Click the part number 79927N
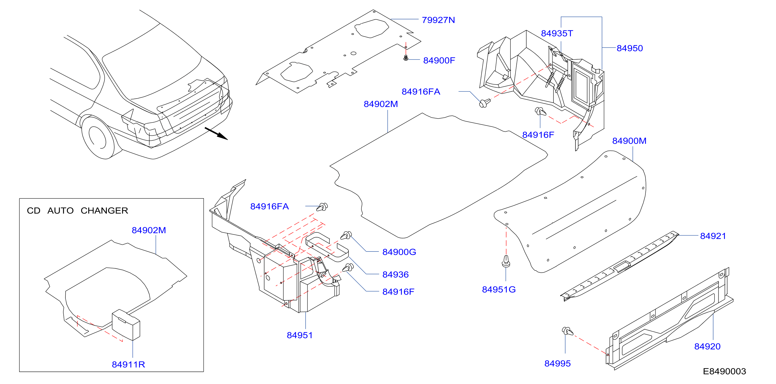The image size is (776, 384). click(438, 20)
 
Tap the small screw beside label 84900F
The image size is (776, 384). click(406, 57)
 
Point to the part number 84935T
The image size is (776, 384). click(557, 33)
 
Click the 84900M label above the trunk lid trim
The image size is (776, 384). click(629, 141)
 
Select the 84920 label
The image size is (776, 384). click(707, 347)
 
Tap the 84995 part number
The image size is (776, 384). click(557, 364)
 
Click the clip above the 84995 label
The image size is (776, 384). click(568, 331)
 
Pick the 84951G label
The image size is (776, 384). click(499, 290)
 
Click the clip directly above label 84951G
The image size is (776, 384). click(506, 261)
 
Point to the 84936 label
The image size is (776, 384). click(396, 275)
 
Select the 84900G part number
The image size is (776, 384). click(399, 252)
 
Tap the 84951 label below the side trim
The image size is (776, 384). click(300, 335)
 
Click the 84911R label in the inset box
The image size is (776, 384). click(128, 365)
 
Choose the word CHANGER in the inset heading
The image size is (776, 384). click(104, 211)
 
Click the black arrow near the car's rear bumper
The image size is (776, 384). click(216, 134)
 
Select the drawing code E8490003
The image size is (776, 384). click(725, 371)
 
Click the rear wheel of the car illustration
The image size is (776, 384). click(99, 138)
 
